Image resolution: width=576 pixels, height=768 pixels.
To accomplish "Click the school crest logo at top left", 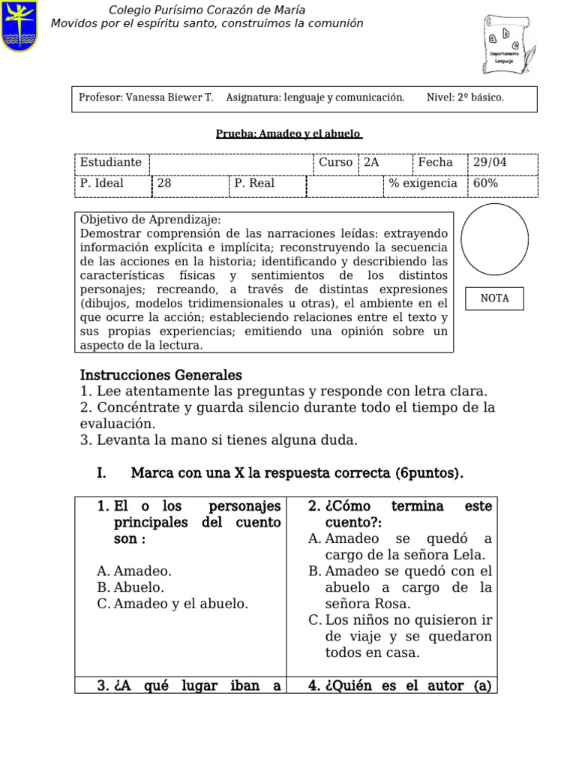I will [x=19, y=26].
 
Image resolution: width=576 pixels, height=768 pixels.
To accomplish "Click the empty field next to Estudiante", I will [x=231, y=163].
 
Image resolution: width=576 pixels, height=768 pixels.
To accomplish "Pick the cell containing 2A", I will [x=385, y=163].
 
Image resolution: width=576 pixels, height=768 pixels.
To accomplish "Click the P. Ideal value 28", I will [x=190, y=184].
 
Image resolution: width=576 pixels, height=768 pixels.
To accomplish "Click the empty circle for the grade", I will [x=494, y=238].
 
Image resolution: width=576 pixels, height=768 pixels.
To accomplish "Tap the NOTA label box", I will [x=494, y=298].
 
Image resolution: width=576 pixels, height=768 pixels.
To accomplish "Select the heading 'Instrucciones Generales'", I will [x=161, y=375].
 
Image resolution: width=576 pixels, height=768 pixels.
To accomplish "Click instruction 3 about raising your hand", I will [x=219, y=440].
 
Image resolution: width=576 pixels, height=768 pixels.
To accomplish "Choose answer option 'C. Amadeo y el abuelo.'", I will [x=173, y=603].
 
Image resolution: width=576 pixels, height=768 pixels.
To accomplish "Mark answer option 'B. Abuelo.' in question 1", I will [x=130, y=587].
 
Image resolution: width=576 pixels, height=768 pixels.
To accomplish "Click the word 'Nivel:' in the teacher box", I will [x=440, y=97].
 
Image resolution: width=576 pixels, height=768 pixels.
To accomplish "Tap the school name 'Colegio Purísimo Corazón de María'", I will [x=206, y=10].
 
